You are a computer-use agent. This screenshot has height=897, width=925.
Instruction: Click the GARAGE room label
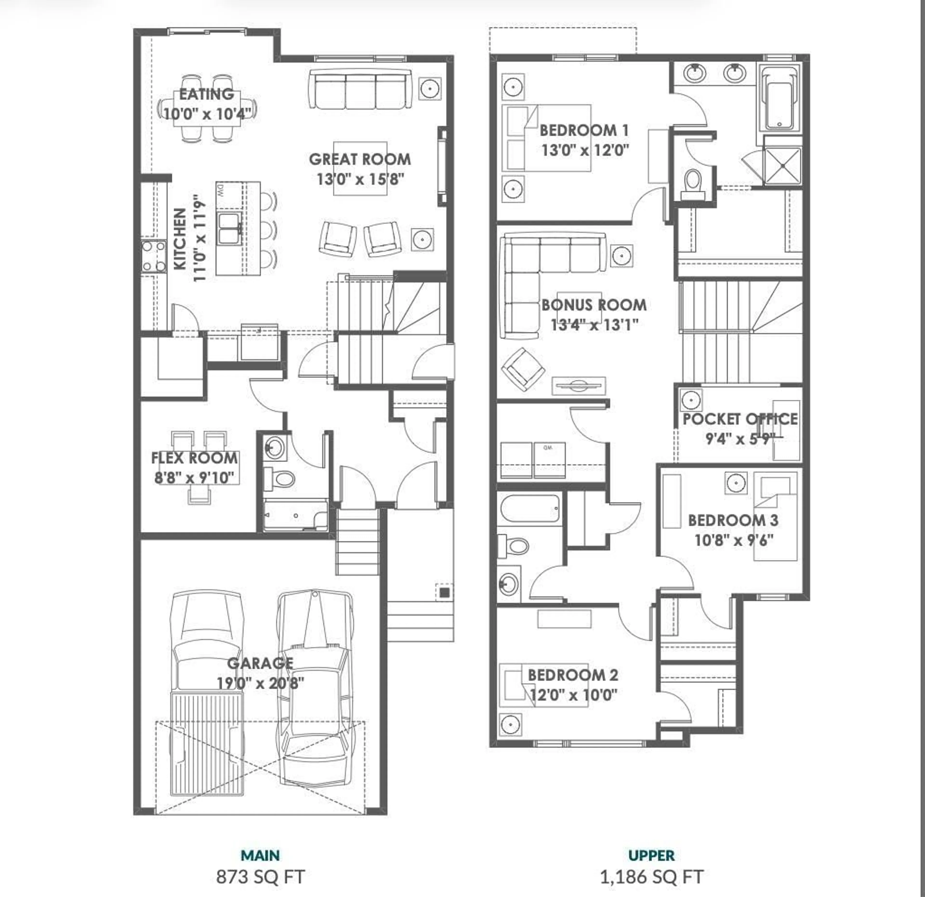tap(260, 663)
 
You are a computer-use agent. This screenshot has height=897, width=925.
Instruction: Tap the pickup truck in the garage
tap(208, 694)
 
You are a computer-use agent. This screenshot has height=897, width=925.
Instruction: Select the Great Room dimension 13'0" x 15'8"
tap(360, 179)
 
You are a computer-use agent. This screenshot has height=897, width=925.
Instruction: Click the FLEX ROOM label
tap(194, 458)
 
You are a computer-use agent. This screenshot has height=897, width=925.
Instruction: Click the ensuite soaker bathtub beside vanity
tap(779, 99)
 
